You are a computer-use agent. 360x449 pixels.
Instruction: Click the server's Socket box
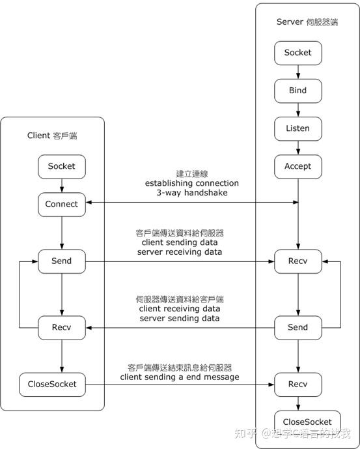tap(298, 53)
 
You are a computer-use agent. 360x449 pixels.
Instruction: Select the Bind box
tap(298, 91)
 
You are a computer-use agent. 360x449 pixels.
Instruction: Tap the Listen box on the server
tap(298, 128)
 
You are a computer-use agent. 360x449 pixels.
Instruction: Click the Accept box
tap(298, 166)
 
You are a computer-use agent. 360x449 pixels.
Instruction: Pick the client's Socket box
tap(61, 166)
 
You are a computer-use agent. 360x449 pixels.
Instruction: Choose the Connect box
tap(61, 204)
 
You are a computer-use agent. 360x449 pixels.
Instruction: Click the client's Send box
tap(61, 261)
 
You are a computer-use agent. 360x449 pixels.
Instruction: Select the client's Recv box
tap(61, 327)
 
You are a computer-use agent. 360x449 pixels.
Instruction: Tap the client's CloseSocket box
tap(61, 384)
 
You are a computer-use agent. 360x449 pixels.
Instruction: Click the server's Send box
tap(298, 327)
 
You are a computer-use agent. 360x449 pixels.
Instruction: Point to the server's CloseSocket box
tap(298, 422)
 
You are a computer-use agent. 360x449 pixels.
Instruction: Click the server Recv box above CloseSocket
tap(298, 384)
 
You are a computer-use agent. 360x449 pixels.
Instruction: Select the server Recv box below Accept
tap(298, 261)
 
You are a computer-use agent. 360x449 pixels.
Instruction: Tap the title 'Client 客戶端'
tap(57, 136)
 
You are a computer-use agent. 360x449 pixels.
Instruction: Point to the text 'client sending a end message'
tap(180, 377)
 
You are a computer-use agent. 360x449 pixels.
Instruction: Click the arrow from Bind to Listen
tap(298, 109)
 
